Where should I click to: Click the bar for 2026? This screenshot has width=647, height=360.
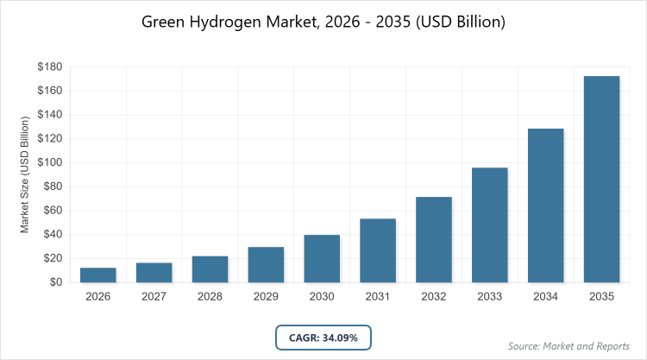[98, 275]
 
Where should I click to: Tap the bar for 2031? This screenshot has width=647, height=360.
[378, 250]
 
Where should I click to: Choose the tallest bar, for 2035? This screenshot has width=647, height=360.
[602, 179]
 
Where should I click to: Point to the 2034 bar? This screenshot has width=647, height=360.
[546, 205]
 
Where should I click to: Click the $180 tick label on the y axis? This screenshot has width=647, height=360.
[49, 66]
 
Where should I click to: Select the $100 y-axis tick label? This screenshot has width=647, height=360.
[49, 162]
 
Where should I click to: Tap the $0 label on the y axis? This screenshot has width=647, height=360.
[55, 282]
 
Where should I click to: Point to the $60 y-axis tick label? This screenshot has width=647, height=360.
[52, 211]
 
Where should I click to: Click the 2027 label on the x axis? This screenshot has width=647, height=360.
[154, 296]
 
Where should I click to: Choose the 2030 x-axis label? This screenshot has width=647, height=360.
[322, 296]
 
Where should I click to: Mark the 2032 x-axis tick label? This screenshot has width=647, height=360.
[434, 296]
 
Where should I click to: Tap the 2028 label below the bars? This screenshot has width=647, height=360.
[210, 296]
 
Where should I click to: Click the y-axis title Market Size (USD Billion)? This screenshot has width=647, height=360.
[26, 174]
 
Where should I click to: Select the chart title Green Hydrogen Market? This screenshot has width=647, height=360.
[323, 22]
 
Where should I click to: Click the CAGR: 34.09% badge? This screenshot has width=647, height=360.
[323, 336]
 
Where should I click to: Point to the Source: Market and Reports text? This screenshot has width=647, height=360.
[569, 346]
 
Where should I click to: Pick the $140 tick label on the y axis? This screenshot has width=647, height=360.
[49, 115]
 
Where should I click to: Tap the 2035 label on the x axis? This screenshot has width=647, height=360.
[602, 296]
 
